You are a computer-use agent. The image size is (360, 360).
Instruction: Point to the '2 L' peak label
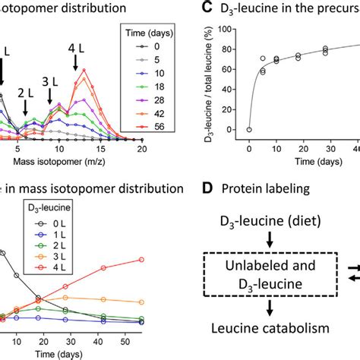[x=24, y=96]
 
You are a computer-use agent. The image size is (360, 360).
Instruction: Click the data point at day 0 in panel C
[x=249, y=130]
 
